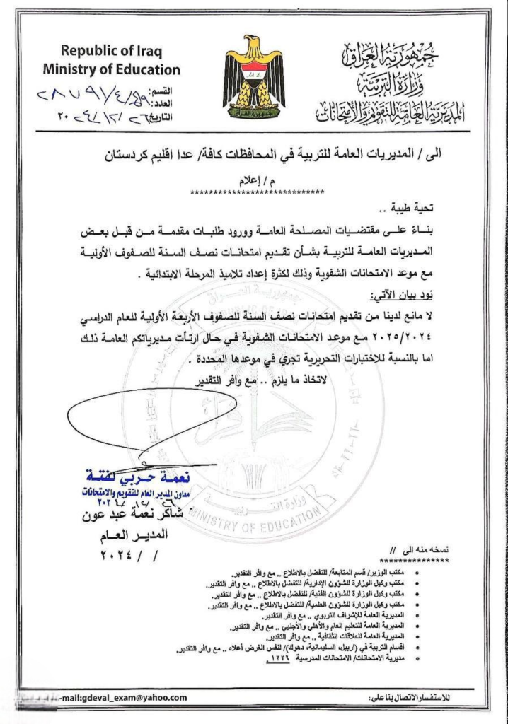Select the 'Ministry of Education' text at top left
111,69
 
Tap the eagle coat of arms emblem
254,76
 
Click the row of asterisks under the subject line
258,192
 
